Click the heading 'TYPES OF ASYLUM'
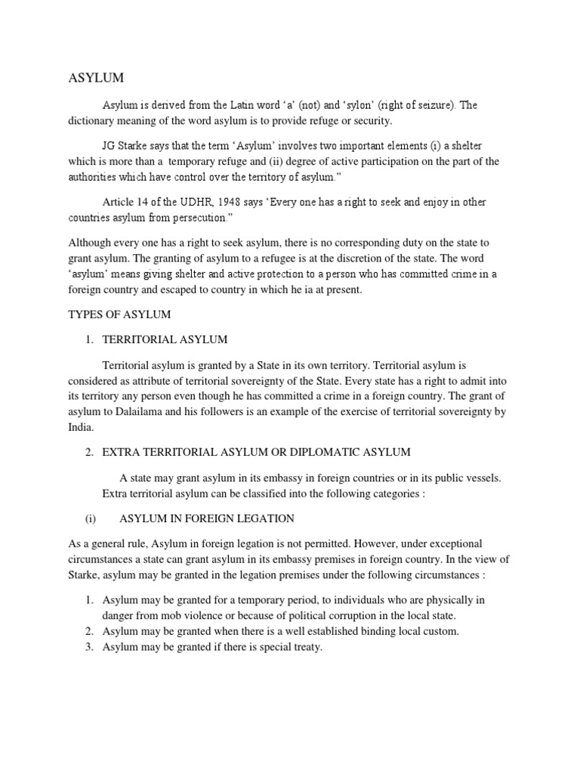coord(120,314)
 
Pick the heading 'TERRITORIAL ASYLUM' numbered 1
coord(165,339)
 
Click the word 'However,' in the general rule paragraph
coord(359,544)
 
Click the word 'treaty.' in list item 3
coord(304,647)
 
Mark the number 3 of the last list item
coord(88,647)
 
